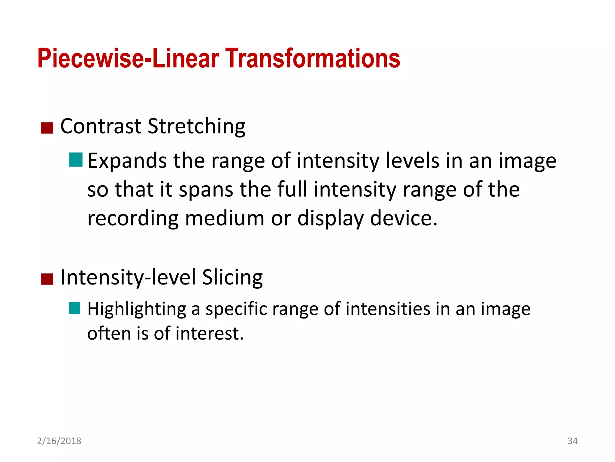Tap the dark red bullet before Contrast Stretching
point(47,128)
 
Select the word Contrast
point(101,126)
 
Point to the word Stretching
point(196,127)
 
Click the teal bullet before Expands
point(75,160)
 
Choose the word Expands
point(127,161)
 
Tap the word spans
point(206,190)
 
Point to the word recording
point(133,219)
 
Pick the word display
point(330,219)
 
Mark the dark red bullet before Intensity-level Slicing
point(47,279)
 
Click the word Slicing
point(232,277)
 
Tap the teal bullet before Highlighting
point(74,308)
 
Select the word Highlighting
point(137,310)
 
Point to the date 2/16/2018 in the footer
point(59,441)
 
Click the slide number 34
point(572,441)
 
